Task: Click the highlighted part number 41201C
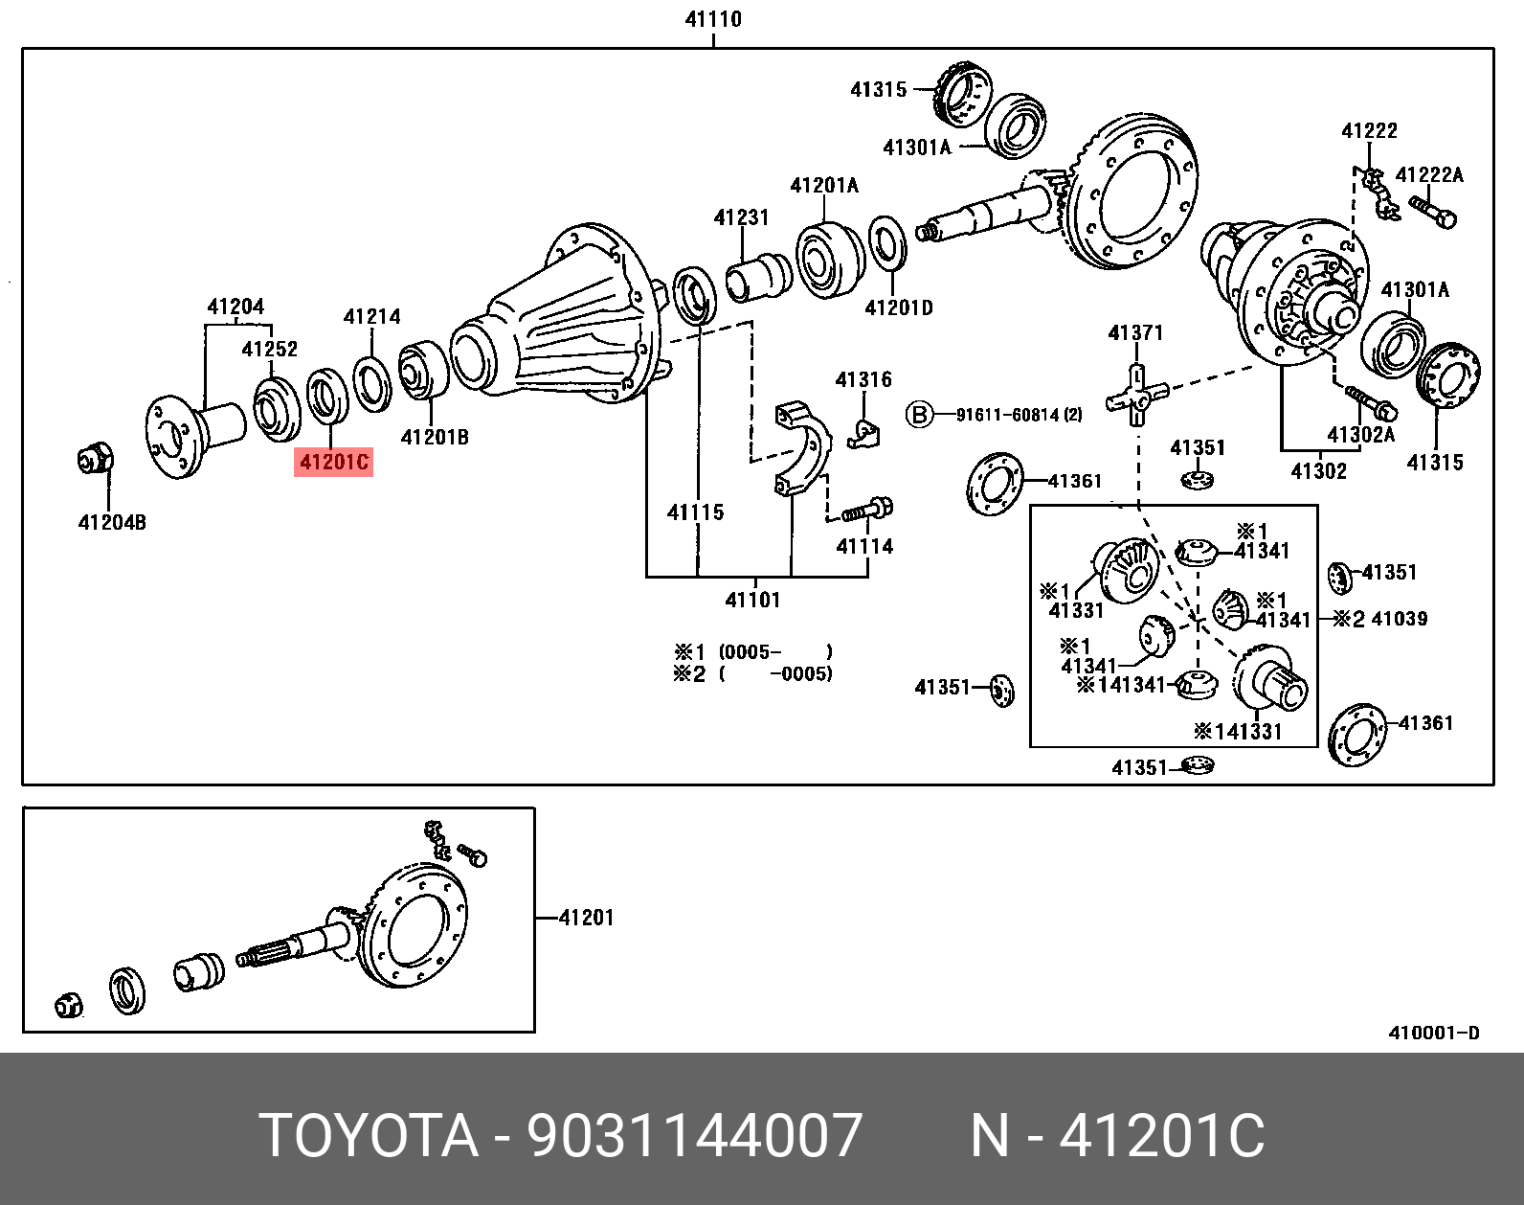pyautogui.click(x=333, y=463)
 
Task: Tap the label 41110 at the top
pyautogui.click(x=713, y=19)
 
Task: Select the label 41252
pyautogui.click(x=269, y=350)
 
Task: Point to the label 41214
pyautogui.click(x=371, y=317)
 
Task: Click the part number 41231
pyautogui.click(x=741, y=217)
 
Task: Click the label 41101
pyautogui.click(x=752, y=601)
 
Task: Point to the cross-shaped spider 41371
pyautogui.click(x=1136, y=395)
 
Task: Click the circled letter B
pyautogui.click(x=919, y=415)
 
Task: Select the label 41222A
pyautogui.click(x=1428, y=175)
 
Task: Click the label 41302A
pyautogui.click(x=1360, y=435)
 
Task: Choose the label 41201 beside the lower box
pyautogui.click(x=586, y=918)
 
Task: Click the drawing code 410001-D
pyautogui.click(x=1433, y=1033)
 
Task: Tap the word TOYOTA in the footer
pyautogui.click(x=369, y=1136)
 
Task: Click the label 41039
pyautogui.click(x=1399, y=619)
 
